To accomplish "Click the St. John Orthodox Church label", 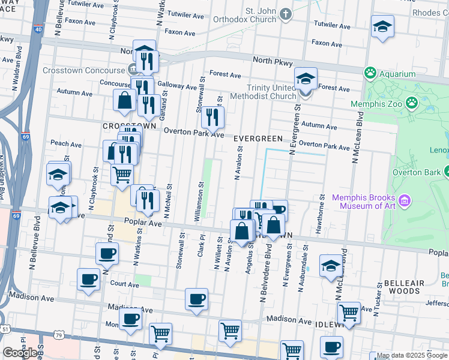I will pyautogui.click(x=252, y=17).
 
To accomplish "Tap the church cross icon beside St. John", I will pyautogui.click(x=287, y=13).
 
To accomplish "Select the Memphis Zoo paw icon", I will pyautogui.click(x=411, y=103).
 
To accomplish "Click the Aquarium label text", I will pyautogui.click(x=397, y=74).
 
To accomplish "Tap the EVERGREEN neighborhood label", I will pyautogui.click(x=258, y=139).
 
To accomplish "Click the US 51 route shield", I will pyautogui.click(x=5, y=329).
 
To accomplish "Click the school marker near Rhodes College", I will pyautogui.click(x=382, y=27).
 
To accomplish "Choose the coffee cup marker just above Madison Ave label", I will pyautogui.click(x=196, y=298).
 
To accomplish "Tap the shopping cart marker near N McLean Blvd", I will pyautogui.click(x=348, y=312).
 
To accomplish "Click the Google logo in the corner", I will pyautogui.click(x=20, y=353).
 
